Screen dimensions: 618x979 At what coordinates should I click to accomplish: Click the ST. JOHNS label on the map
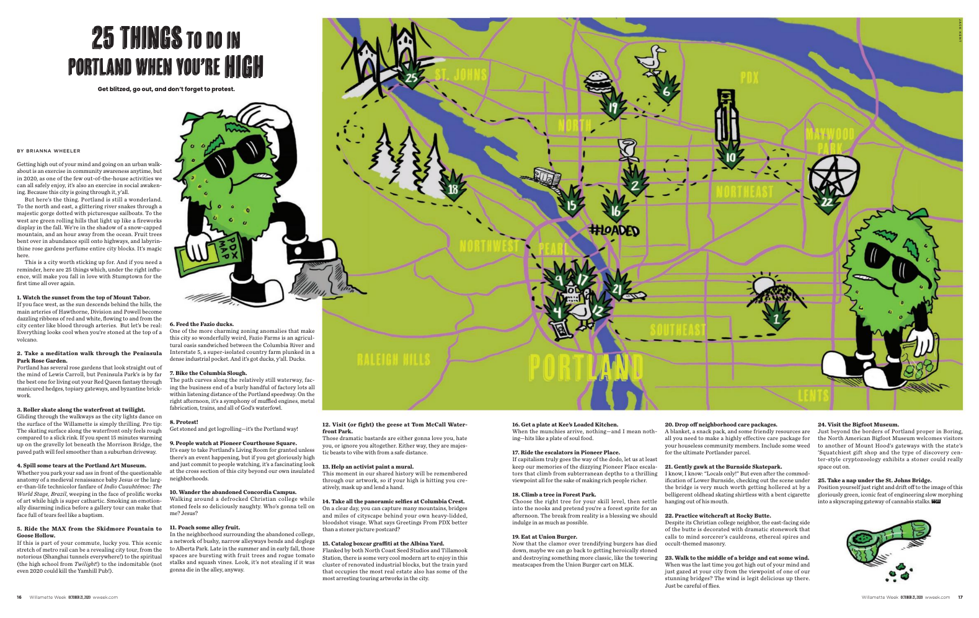pos(461,76)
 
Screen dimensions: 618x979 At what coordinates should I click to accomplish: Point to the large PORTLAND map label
pos(585,368)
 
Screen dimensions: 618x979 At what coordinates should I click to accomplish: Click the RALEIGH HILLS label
pos(393,360)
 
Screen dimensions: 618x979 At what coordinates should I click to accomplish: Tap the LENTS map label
pos(813,395)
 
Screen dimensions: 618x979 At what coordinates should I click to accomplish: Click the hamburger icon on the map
pos(599,80)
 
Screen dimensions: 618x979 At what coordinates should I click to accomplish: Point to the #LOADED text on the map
pos(614,231)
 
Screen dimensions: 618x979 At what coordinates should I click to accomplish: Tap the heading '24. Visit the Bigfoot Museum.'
pos(857,425)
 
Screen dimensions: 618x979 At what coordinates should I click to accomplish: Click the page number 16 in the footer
pos(19,597)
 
